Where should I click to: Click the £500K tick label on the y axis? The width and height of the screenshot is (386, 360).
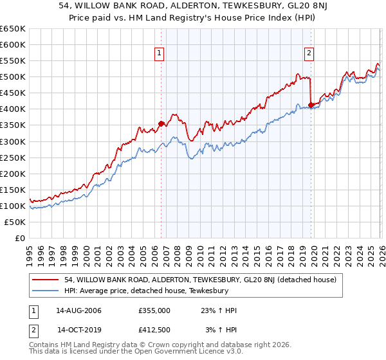pos(13,77)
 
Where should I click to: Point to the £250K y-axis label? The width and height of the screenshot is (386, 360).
pos(13,157)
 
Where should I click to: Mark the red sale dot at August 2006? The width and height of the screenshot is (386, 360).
pos(161,123)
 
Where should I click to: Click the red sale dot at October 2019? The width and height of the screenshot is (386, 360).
pos(311,105)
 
